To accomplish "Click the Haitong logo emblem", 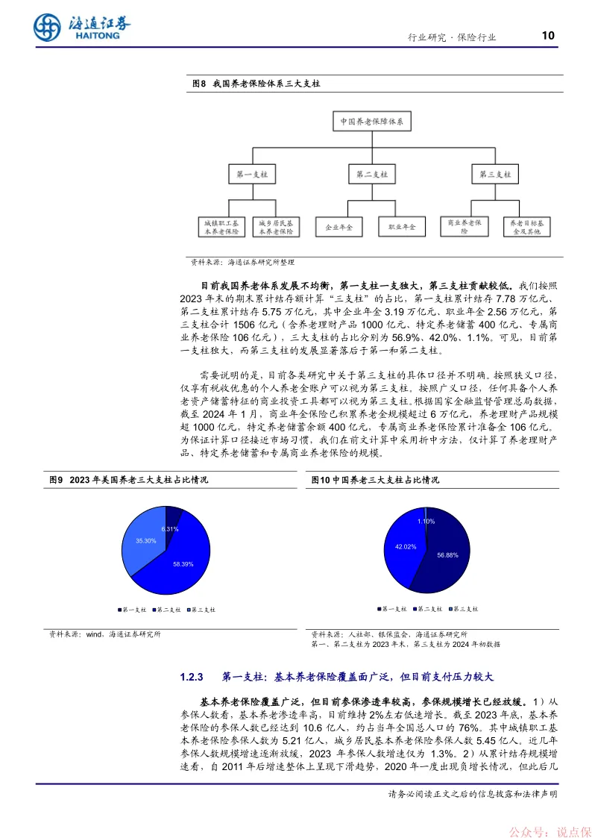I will (46, 28).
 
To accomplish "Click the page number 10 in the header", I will (548, 35).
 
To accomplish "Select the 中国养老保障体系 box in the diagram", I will (371, 121).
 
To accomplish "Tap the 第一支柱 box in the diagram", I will (251, 174).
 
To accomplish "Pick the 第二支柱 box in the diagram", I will (371, 174).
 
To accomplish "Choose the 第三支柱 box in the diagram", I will (493, 174).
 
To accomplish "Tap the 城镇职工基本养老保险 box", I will (221, 226).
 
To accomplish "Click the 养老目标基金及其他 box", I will (526, 226).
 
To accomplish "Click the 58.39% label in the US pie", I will (183, 563).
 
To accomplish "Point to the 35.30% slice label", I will (145, 540).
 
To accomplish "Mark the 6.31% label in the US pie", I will (170, 528).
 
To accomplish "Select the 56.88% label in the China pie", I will (449, 555).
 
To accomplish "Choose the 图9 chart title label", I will (57, 480).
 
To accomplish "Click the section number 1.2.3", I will (192, 678).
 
